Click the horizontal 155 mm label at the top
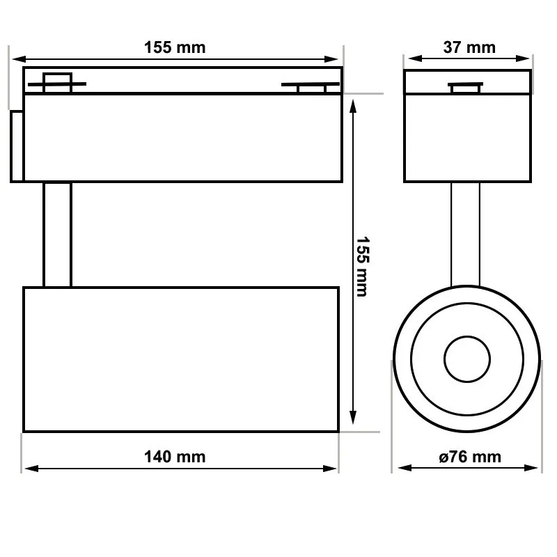click(175, 47)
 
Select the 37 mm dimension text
click(469, 47)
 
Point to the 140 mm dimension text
click(175, 457)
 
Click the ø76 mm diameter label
click(469, 457)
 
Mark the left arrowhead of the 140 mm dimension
click(28, 469)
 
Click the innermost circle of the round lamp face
click(466, 359)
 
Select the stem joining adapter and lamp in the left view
click(57, 234)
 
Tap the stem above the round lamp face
click(466, 234)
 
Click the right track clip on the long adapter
click(311, 86)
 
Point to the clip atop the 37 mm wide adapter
click(466, 87)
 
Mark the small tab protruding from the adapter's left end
click(17, 146)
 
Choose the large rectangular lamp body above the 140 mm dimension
click(181, 359)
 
